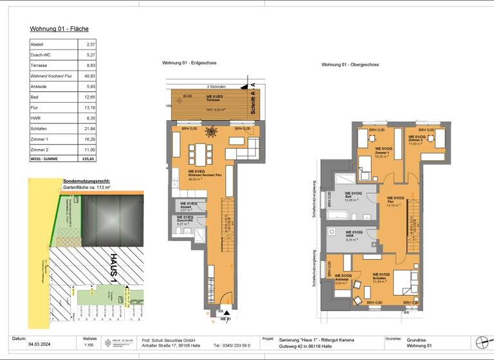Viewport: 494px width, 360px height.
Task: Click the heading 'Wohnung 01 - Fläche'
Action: tap(59, 29)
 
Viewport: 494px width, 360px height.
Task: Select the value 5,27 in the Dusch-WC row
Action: tap(90, 55)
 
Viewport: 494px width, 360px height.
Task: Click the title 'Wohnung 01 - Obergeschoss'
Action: tap(351, 64)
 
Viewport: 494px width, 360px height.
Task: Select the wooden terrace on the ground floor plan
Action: tap(208, 105)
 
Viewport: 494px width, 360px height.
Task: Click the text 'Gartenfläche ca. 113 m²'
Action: tap(87, 187)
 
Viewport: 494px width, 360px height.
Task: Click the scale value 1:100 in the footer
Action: tap(89, 345)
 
